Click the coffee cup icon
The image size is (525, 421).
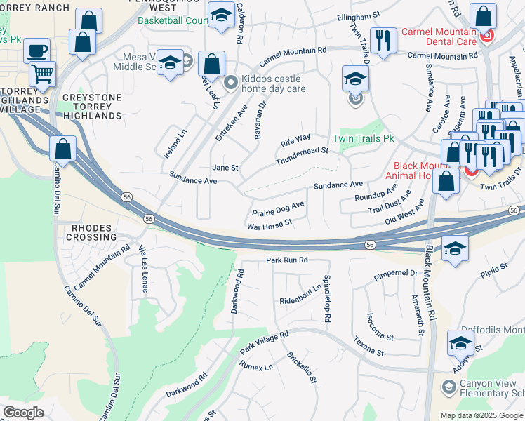[x=36, y=50]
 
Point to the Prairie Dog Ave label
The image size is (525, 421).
[x=278, y=208]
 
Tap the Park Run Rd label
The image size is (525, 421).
[x=287, y=260]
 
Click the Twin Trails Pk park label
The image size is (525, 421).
[x=362, y=139]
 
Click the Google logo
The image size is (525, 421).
[x=23, y=413]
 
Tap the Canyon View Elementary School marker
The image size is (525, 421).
[x=447, y=387]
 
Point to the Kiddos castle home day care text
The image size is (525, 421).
[x=273, y=84]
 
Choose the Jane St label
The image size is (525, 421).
[x=225, y=168]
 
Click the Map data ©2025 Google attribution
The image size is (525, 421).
[x=481, y=415]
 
